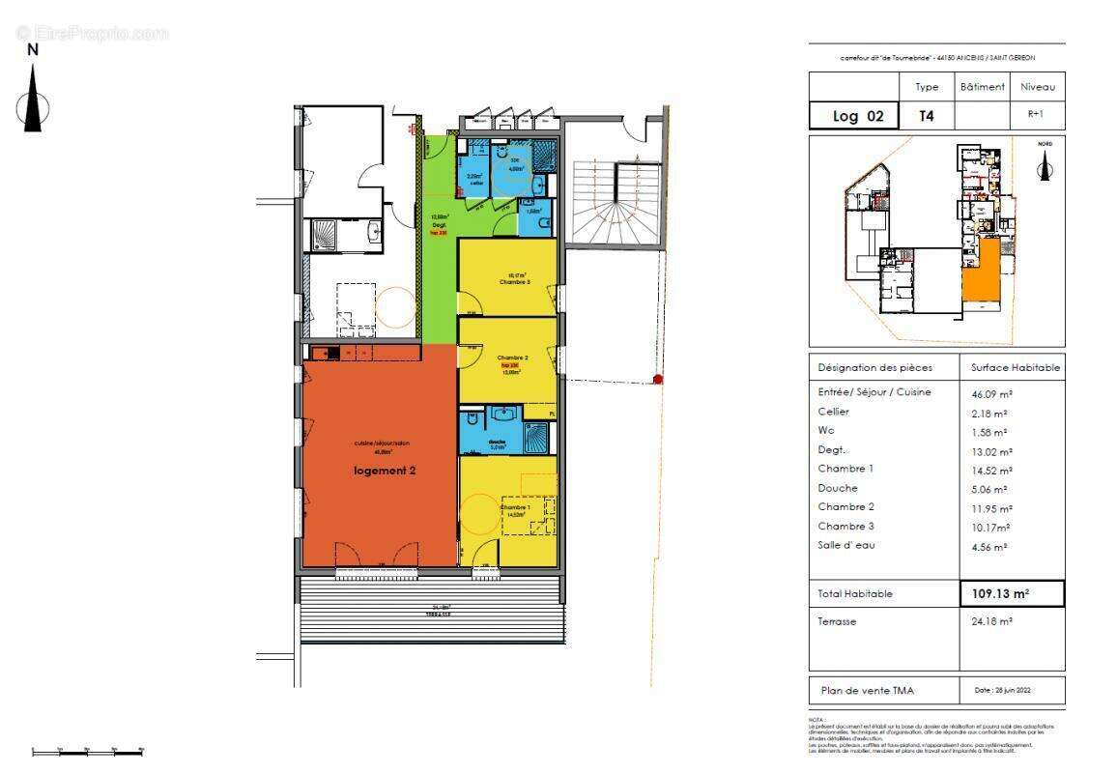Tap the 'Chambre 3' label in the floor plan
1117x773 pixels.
pyautogui.click(x=514, y=281)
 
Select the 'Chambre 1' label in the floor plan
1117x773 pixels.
pyautogui.click(x=514, y=507)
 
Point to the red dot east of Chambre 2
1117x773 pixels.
pyautogui.click(x=658, y=380)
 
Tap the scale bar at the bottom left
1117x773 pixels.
pyautogui.click(x=88, y=750)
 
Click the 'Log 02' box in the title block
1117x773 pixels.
pyautogui.click(x=858, y=116)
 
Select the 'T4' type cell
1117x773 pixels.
pyautogui.click(x=926, y=116)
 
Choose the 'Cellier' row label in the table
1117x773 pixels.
pyautogui.click(x=834, y=412)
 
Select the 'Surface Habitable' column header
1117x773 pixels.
pyautogui.click(x=1015, y=367)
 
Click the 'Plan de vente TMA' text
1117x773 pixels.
pyautogui.click(x=867, y=690)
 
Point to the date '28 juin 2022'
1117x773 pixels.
pyautogui.click(x=1012, y=690)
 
